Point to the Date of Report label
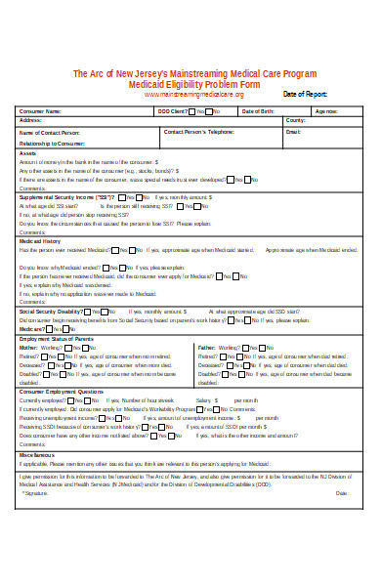click(305, 94)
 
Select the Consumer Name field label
click(40, 111)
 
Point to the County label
click(295, 120)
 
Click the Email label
click(293, 131)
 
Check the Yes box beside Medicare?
click(51, 329)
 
